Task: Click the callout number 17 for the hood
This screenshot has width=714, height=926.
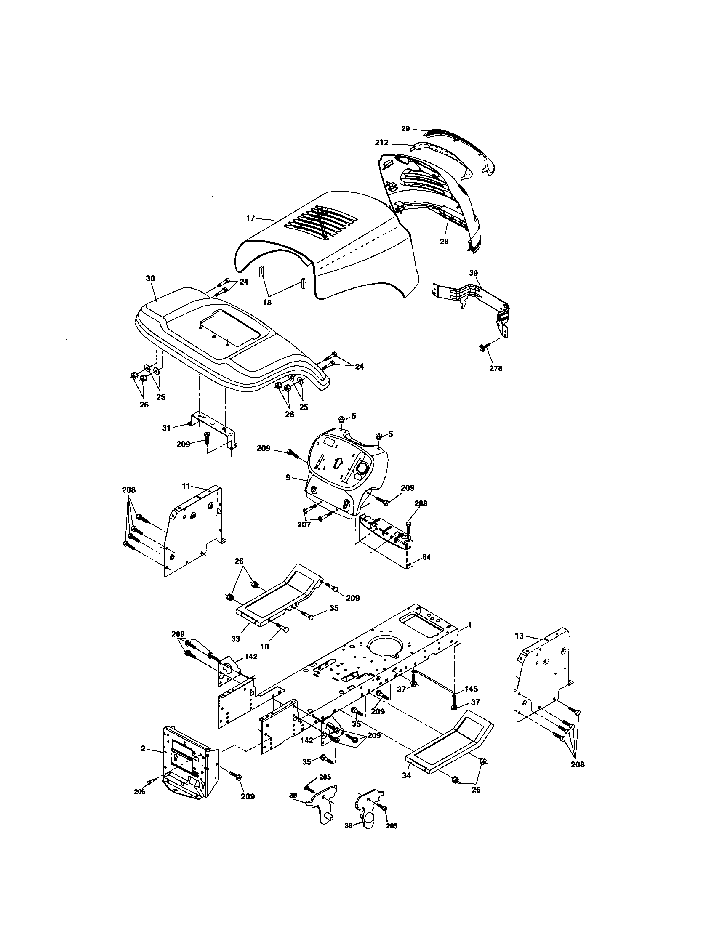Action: pos(250,218)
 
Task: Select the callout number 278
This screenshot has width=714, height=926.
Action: pos(496,368)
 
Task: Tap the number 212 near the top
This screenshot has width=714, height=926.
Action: pos(381,143)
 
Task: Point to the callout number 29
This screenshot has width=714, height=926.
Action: pos(405,129)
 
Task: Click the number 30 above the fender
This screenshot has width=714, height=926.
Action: pos(151,278)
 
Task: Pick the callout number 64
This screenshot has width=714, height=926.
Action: pos(426,557)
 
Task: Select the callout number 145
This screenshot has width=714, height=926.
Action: pos(471,689)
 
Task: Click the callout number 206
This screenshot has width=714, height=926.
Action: pos(139,792)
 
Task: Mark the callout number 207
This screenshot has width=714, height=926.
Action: pos(304,524)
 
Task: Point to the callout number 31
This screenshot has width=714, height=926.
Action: pos(166,428)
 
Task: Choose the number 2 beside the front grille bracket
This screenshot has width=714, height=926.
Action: pos(143,749)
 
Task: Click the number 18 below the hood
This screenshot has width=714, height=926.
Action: pos(267,302)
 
